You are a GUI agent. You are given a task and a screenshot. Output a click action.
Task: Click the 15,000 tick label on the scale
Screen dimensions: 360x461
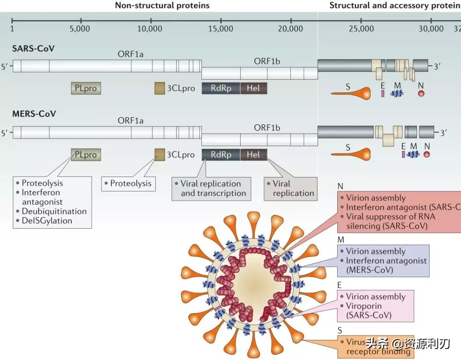221,29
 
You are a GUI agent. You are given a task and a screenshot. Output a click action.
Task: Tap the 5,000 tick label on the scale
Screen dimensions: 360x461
82,29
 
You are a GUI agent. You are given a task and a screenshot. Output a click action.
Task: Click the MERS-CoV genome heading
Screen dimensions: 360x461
34,114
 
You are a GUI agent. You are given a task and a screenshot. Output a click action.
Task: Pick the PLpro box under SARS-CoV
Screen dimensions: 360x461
86,88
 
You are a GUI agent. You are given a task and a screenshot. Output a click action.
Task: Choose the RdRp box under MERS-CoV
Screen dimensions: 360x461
221,154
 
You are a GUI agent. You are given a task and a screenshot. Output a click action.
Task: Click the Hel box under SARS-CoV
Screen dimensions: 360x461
253,88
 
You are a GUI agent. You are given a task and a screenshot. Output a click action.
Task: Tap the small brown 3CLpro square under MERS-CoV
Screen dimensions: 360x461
160,154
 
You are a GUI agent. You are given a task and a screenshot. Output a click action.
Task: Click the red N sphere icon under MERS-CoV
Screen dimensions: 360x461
426,154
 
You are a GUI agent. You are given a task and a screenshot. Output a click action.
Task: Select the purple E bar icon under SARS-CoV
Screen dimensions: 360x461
382,93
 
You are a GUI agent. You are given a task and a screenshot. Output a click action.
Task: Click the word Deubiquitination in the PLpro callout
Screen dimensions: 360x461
54,211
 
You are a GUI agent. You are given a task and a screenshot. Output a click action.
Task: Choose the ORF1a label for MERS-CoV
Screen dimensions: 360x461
131,121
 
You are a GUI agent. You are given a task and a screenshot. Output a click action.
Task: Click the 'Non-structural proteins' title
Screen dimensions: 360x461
162,6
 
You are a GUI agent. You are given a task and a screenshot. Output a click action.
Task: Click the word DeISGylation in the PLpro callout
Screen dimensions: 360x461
47,221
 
